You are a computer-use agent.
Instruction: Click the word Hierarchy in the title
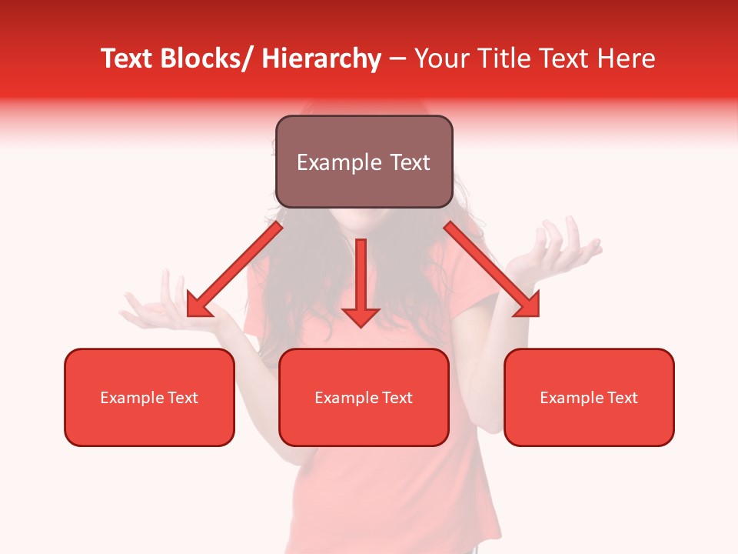click(321, 58)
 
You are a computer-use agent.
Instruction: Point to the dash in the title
click(397, 59)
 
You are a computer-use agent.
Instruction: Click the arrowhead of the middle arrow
click(361, 315)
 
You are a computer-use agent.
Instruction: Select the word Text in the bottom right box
click(622, 398)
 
